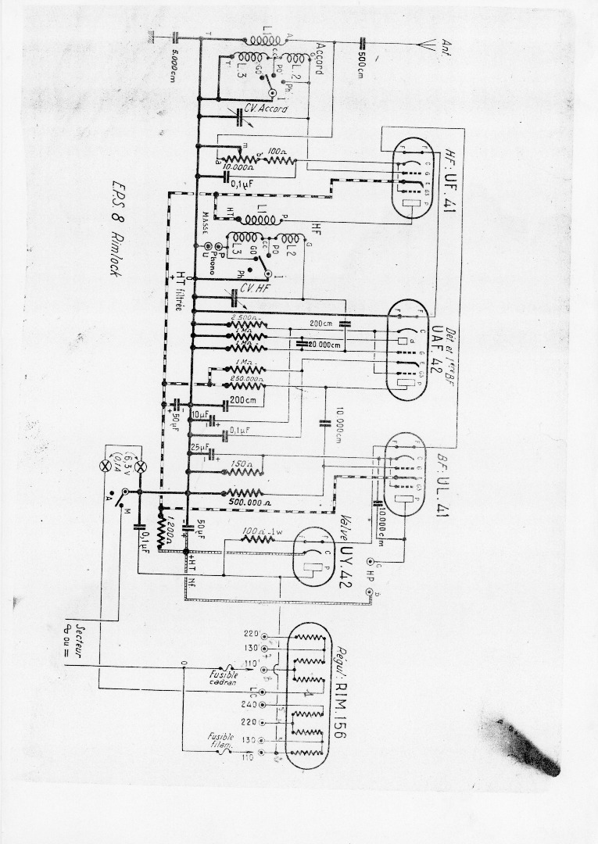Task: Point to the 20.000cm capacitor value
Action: tap(324, 345)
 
